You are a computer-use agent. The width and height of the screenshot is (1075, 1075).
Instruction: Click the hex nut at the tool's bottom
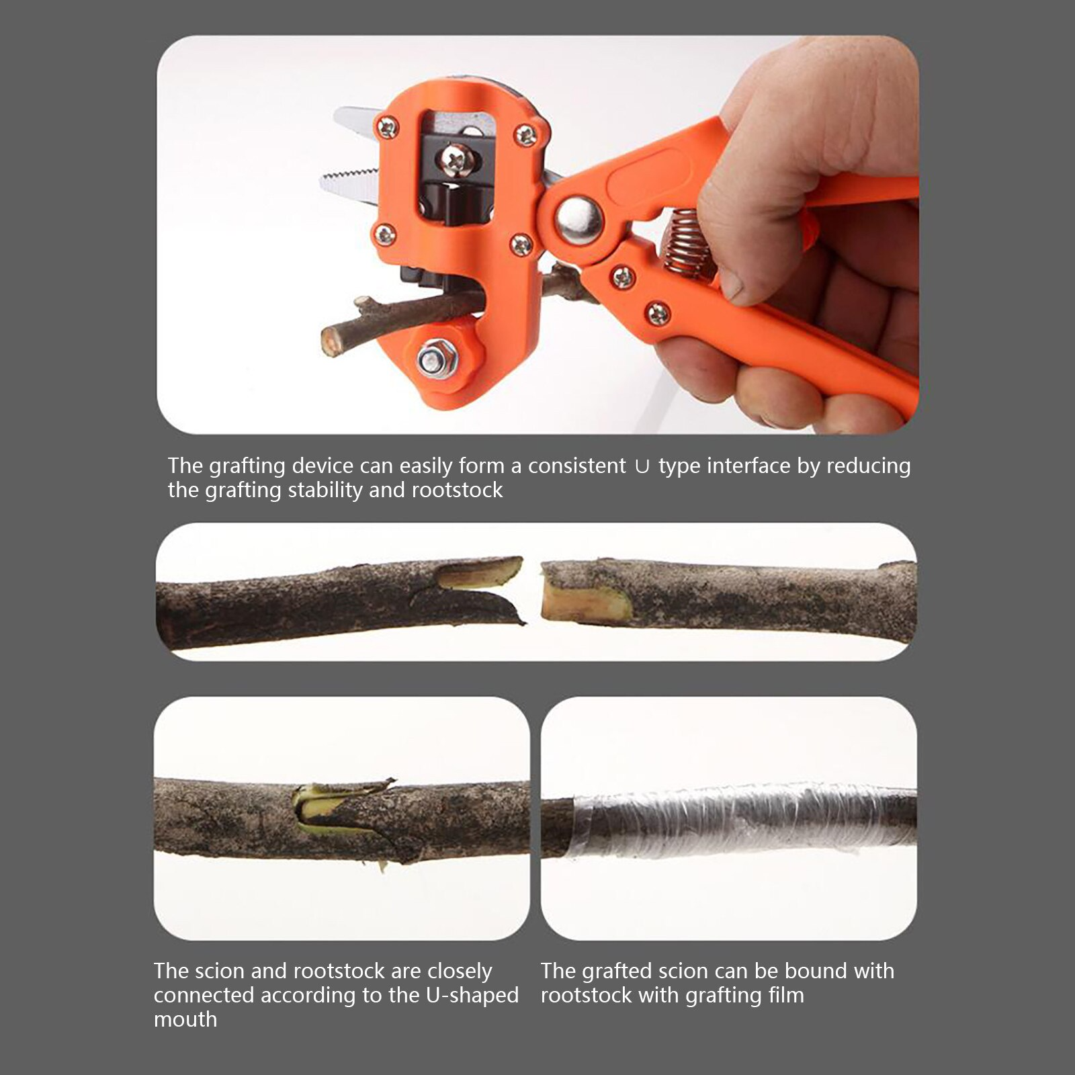click(x=431, y=361)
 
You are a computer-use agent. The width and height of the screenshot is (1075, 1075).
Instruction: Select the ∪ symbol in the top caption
click(x=642, y=466)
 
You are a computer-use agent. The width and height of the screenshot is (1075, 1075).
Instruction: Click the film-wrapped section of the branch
click(x=742, y=820)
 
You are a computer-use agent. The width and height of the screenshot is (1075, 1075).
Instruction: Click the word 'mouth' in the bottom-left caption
click(x=185, y=1019)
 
